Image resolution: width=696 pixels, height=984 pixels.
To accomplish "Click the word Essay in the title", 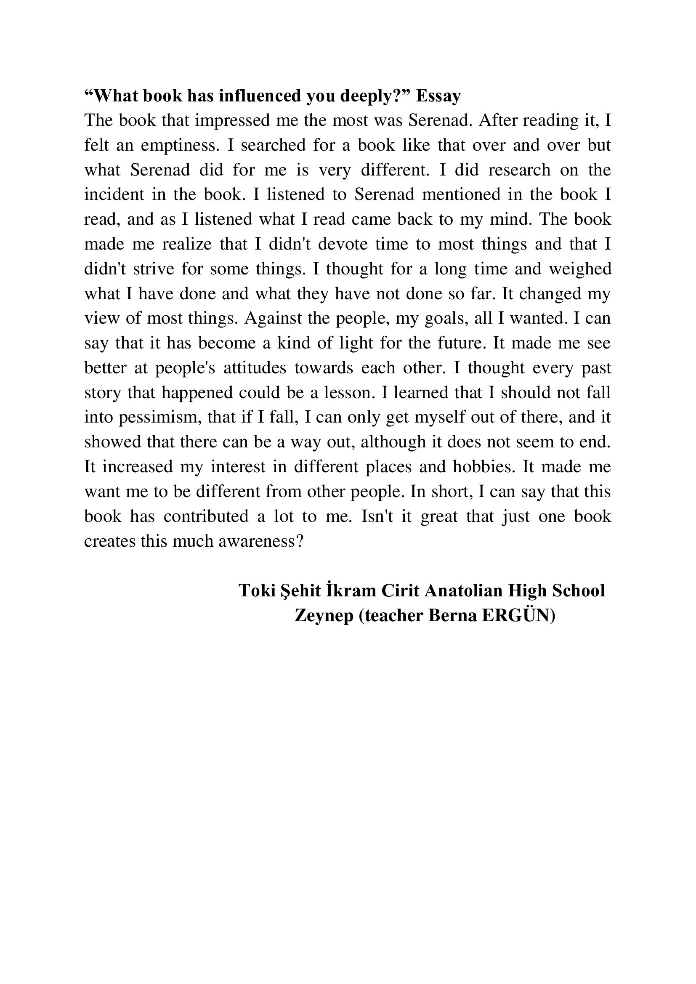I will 438,96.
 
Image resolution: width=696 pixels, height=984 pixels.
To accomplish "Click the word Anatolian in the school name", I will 463,590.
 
